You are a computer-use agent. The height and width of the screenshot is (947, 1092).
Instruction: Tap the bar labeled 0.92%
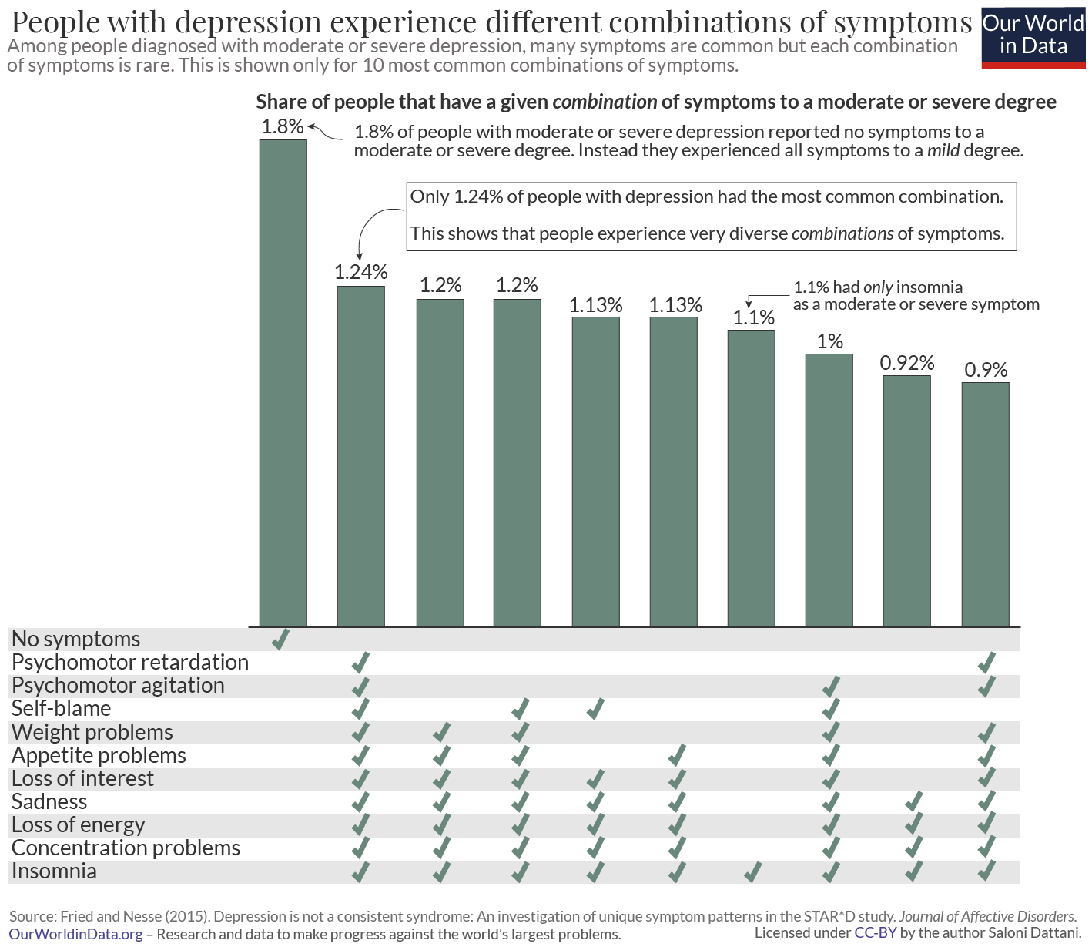click(907, 500)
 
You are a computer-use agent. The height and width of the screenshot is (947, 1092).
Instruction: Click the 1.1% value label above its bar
click(753, 317)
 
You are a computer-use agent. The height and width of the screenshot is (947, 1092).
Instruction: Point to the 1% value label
click(829, 341)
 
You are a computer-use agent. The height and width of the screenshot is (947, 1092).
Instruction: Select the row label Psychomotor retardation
click(130, 663)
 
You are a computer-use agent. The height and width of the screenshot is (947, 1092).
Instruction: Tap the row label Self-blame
click(62, 709)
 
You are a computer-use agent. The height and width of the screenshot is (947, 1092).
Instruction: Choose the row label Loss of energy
click(79, 825)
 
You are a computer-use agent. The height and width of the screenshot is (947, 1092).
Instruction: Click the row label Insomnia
click(55, 871)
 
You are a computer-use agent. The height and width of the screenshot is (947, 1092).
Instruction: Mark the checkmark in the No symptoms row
click(280, 639)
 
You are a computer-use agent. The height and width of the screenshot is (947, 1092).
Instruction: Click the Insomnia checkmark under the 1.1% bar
click(752, 872)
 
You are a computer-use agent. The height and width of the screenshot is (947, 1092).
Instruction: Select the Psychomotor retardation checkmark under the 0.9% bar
click(986, 663)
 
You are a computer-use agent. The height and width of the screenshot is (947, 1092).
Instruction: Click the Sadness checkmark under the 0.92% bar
click(913, 802)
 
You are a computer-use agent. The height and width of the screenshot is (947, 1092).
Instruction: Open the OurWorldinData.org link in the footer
click(76, 935)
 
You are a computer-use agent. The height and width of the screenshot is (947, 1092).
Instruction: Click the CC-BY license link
click(876, 933)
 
